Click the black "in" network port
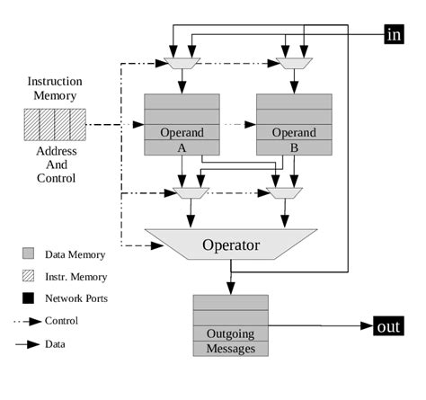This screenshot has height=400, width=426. click(x=394, y=34)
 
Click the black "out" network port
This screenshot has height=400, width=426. click(x=387, y=326)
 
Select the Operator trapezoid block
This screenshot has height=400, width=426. click(x=231, y=244)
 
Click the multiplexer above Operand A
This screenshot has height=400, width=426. click(x=182, y=63)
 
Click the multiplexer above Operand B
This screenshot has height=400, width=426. click(x=295, y=63)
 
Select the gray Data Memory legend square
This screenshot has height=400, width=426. click(x=28, y=254)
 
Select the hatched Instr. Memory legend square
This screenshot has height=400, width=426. click(x=28, y=276)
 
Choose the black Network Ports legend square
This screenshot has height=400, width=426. click(x=28, y=298)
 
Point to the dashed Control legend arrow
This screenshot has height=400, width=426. click(x=32, y=320)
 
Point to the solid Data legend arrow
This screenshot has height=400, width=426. click(x=32, y=342)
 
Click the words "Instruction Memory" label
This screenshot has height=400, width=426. click(x=55, y=88)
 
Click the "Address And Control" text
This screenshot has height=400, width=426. click(x=55, y=164)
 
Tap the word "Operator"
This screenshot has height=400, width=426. click(x=231, y=244)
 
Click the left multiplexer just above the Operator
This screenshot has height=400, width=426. click(x=190, y=192)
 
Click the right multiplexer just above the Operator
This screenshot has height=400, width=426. click(x=286, y=192)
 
